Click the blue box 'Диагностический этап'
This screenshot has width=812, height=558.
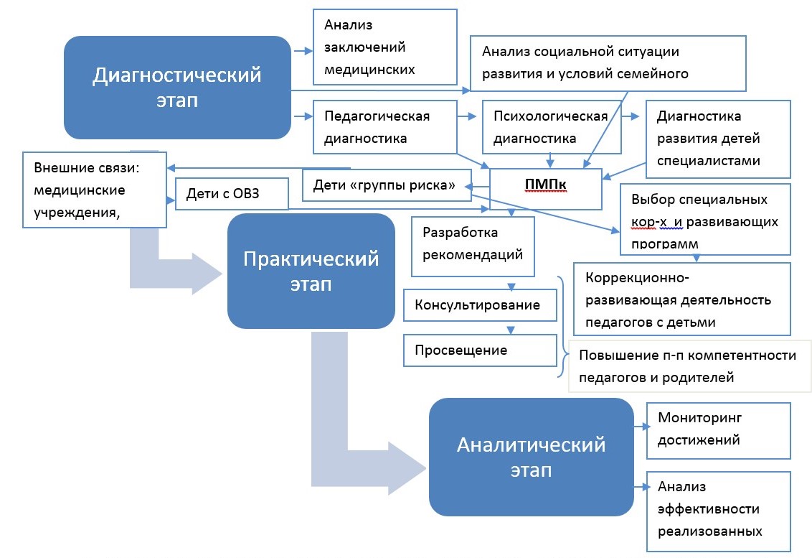coord(176,87)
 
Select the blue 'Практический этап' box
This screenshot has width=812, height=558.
coord(311,270)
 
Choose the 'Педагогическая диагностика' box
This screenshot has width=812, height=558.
coord(385,126)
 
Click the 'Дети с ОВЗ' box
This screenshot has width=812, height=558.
coord(232,194)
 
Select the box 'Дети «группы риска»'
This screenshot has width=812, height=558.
coord(385,185)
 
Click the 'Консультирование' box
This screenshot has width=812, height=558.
coord(480,304)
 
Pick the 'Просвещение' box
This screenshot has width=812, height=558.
coord(480,350)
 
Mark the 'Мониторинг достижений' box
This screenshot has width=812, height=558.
coord(718,430)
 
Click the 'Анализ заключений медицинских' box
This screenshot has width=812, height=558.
coord(385,47)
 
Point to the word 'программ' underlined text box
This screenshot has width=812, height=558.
coord(664,243)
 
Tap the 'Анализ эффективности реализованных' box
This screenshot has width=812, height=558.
coord(718,509)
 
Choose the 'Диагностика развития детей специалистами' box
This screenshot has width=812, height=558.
coord(718,139)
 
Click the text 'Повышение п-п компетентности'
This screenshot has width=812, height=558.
coord(687,356)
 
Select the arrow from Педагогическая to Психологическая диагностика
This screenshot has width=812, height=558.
coord(469,115)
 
